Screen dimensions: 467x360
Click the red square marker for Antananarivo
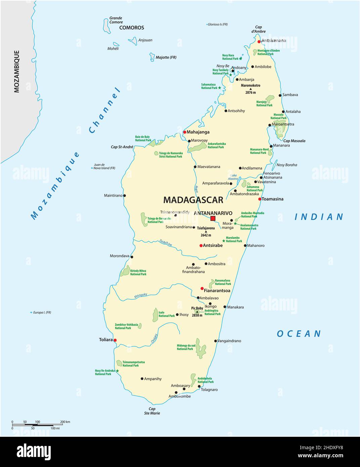[213, 218]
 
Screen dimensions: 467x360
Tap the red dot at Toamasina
[260, 199]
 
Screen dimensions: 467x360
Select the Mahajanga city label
[198, 132]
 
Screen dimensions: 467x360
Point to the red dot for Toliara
[115, 340]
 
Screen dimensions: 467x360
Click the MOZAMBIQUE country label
[16, 71]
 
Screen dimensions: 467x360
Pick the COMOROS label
[132, 28]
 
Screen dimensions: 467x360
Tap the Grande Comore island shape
[106, 26]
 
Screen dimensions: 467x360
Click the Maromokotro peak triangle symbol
[251, 89]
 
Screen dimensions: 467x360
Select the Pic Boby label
[197, 308]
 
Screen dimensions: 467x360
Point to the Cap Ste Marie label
[152, 411]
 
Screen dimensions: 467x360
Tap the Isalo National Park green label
[167, 314]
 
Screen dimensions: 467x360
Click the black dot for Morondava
[132, 257]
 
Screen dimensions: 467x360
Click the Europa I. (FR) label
[42, 312]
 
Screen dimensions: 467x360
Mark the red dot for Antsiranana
[259, 42]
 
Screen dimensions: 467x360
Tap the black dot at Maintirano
[125, 196]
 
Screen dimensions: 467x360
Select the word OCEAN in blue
[299, 334]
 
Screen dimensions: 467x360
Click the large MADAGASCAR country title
[193, 200]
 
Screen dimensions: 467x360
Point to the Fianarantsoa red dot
[202, 288]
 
